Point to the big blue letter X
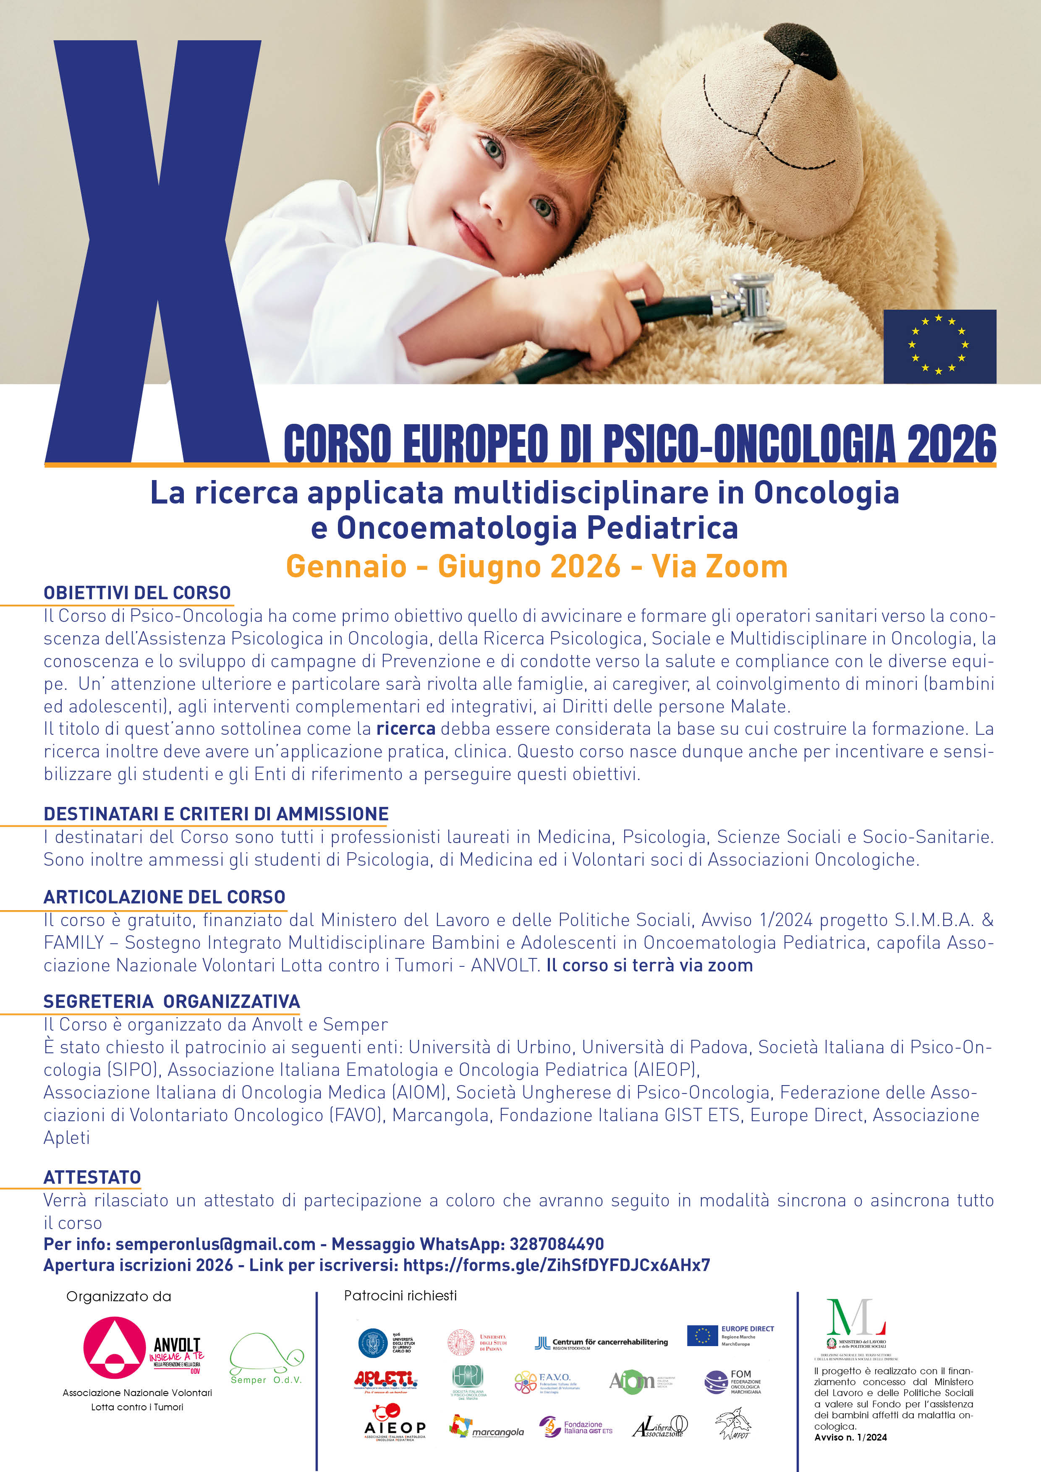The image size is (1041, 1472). tap(157, 256)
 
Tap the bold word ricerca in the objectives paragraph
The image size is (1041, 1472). tap(405, 728)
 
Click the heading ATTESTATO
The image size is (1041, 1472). tap(92, 1177)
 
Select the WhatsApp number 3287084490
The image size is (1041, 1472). tap(556, 1245)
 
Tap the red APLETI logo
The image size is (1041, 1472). tap(385, 1381)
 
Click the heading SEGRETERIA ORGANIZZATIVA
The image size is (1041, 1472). tap(171, 1002)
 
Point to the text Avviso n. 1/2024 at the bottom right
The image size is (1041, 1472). tap(850, 1437)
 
